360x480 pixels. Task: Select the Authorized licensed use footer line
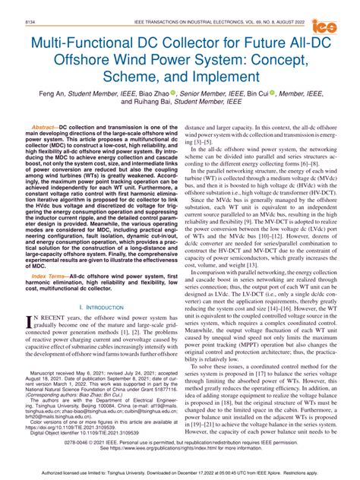pos(180,472)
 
